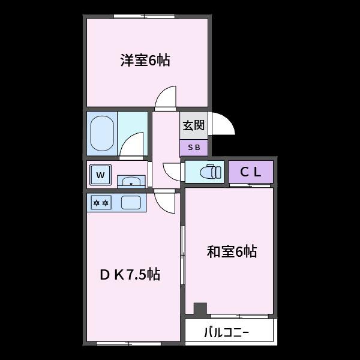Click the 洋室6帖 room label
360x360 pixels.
[x=145, y=61]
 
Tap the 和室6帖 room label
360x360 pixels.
[x=232, y=252]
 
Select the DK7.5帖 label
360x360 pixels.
[x=130, y=275]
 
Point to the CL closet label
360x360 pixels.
[x=251, y=172]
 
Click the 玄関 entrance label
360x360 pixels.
[x=193, y=125]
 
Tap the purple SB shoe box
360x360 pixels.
[x=193, y=148]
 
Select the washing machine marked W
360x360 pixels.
[x=101, y=176]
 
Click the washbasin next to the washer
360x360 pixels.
[x=130, y=181]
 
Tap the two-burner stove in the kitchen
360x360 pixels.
[x=100, y=203]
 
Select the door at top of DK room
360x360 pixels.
[x=165, y=202]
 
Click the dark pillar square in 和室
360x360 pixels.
[x=200, y=309]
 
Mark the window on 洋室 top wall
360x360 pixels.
[x=144, y=16]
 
